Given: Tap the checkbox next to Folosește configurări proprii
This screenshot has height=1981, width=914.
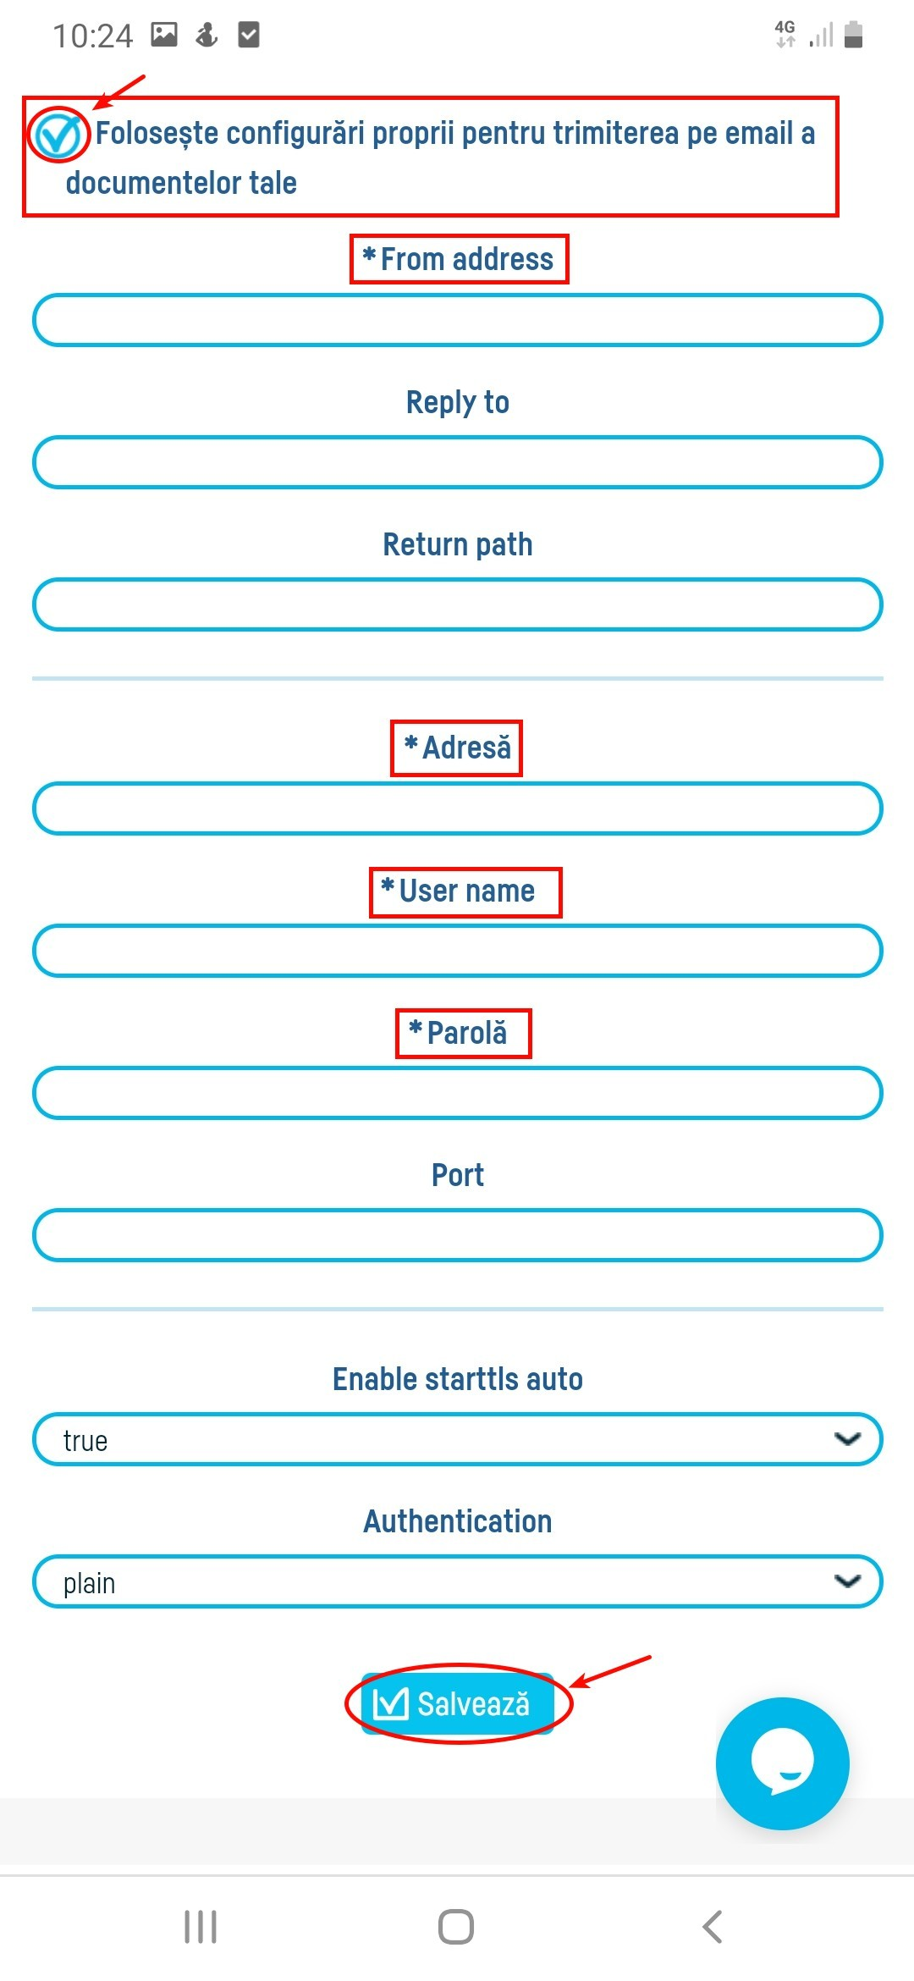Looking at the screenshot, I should [58, 134].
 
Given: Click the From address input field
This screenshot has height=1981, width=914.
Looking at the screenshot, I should [457, 320].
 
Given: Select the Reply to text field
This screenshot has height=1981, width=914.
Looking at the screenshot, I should [457, 462].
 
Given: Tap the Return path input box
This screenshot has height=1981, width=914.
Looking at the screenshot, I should [457, 604].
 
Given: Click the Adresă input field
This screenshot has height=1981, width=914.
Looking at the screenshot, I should [457, 808].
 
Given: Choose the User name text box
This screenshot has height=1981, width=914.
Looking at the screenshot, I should [457, 951].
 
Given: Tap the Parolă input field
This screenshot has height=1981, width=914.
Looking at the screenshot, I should [457, 1093].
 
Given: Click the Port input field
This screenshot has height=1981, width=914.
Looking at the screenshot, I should [457, 1235].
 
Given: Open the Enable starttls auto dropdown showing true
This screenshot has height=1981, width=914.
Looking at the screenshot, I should [457, 1439].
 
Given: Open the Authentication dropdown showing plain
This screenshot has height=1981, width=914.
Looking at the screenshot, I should [457, 1581].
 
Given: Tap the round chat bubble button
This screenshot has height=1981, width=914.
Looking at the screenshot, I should [782, 1763].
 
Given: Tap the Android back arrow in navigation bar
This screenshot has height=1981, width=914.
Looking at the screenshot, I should [713, 1927].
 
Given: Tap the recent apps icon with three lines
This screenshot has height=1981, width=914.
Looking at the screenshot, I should [201, 1927].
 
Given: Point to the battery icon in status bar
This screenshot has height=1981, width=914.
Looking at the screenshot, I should [854, 35].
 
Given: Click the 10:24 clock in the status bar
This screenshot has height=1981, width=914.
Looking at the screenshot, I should [92, 36].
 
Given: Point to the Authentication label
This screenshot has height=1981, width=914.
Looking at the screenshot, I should [457, 1521].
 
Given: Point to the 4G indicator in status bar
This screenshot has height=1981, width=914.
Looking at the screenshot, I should [785, 33].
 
